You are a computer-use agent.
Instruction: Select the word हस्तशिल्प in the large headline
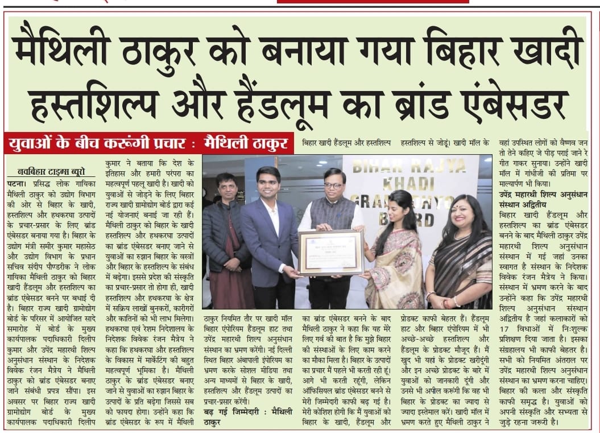[x=108, y=102]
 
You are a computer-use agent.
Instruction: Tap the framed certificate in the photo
[x=330, y=251]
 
